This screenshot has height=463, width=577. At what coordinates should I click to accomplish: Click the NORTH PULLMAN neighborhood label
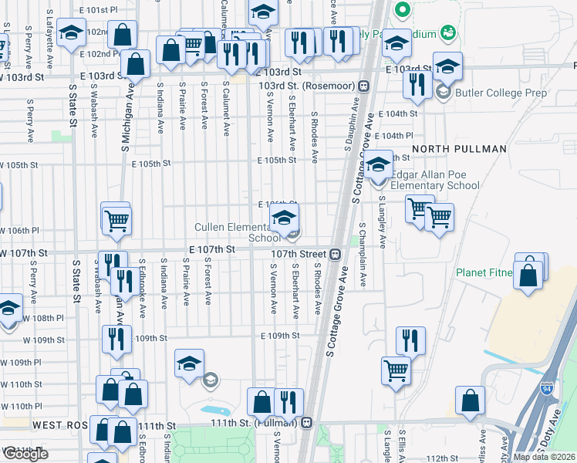(458, 148)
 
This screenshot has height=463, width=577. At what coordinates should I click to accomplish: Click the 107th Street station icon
(336, 254)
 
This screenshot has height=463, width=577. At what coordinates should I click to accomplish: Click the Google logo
(25, 454)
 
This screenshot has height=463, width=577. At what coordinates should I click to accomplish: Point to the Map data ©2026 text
(544, 457)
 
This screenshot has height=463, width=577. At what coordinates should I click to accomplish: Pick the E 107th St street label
(211, 250)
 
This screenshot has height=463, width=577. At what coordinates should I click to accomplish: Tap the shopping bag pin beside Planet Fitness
(528, 275)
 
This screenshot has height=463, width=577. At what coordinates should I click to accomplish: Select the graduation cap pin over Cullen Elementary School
(284, 218)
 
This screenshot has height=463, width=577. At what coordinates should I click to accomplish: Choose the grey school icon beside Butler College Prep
(443, 93)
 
